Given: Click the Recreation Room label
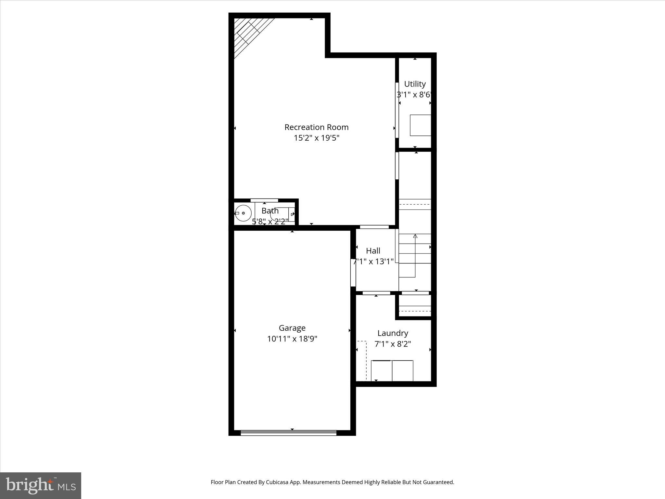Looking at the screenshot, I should click(316, 127).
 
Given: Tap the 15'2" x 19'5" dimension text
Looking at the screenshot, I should click(316, 138).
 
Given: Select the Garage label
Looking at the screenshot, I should click(292, 328).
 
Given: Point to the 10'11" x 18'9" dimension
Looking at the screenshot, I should click(292, 339).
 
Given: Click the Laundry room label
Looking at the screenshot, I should click(393, 333).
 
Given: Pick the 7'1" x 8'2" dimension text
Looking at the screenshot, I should click(393, 344).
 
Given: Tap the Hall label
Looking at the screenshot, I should click(373, 251).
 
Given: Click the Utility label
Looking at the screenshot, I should click(415, 84).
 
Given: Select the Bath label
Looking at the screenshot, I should click(270, 211).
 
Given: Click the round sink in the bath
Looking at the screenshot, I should click(244, 213).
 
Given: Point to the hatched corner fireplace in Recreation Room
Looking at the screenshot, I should click(248, 34).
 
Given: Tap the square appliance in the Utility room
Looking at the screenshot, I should click(420, 125).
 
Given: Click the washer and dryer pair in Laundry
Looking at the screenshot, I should click(392, 370).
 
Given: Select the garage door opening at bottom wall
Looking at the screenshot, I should click(288, 433).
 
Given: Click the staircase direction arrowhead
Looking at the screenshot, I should click(415, 236).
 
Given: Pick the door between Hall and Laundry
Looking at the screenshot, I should click(376, 293).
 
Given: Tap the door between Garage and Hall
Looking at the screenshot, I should click(353, 272).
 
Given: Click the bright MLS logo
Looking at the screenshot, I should click(41, 485).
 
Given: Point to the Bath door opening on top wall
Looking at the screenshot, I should click(264, 200).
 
